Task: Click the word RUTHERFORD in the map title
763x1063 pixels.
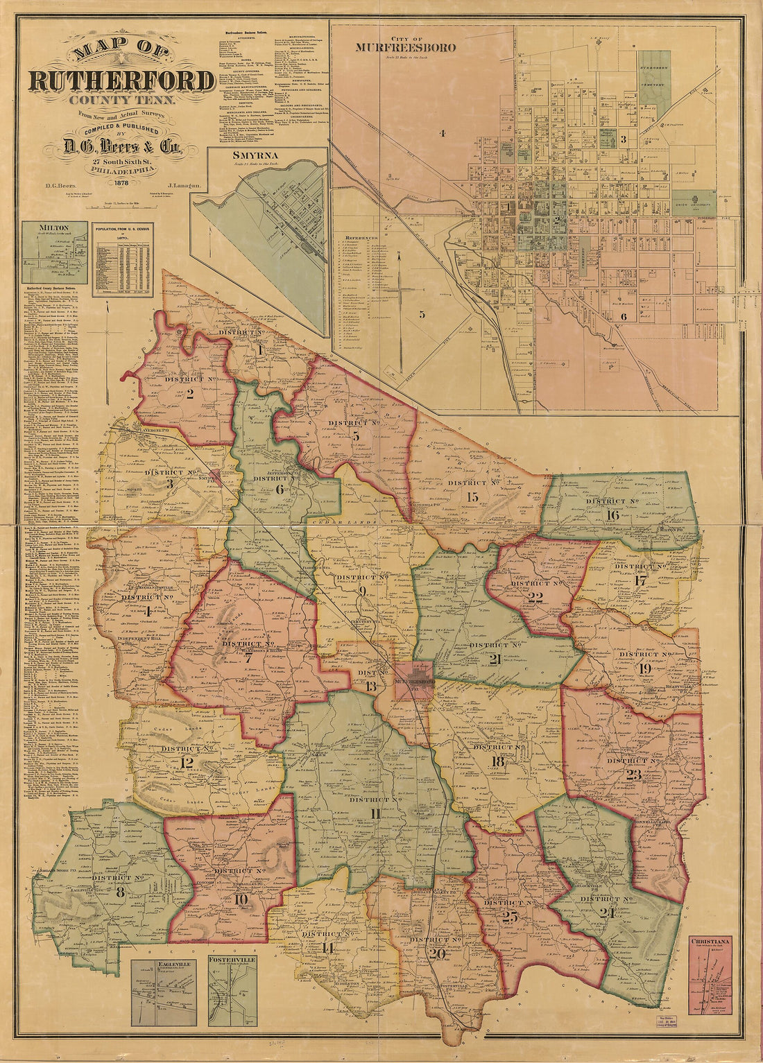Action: (x=121, y=81)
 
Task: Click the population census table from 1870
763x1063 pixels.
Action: (x=123, y=259)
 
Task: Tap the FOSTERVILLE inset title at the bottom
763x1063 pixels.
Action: (x=231, y=960)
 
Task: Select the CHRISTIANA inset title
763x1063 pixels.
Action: (x=712, y=942)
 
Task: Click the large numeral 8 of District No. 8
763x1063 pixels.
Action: (x=120, y=892)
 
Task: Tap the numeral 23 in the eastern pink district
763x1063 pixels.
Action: (x=633, y=775)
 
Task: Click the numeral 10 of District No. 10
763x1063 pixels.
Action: (x=241, y=901)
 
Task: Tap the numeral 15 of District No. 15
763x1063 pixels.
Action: (x=473, y=496)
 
